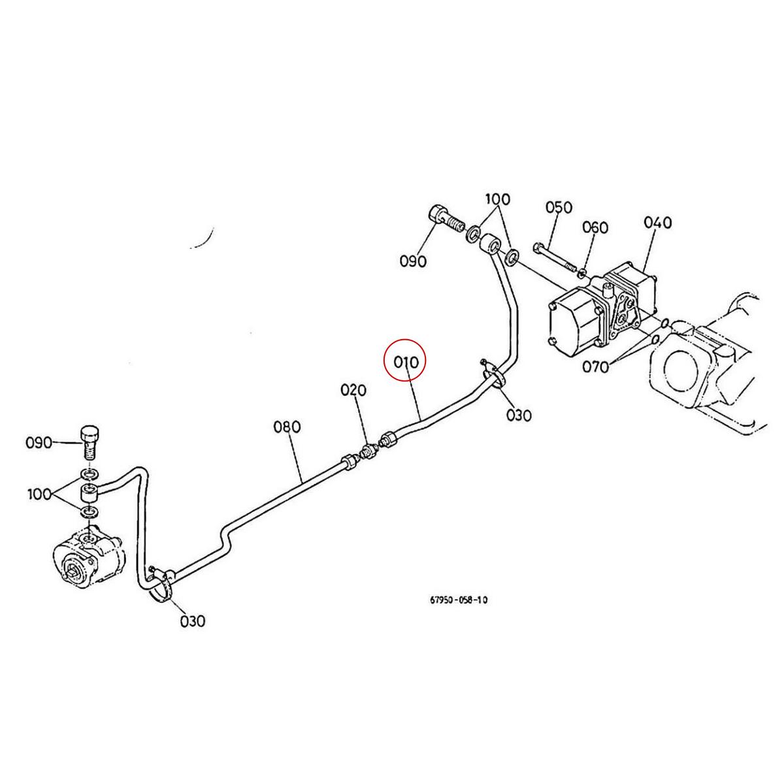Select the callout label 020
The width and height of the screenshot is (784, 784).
pos(353,390)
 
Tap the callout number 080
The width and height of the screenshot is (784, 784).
pos(287,427)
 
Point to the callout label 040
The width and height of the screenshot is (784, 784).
pos(657,222)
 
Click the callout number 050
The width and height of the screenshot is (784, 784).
pos(559,207)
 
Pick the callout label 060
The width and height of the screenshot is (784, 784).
pos(595,227)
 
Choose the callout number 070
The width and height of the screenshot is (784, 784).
pos(595,367)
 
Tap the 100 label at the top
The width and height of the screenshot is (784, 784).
pos(497,199)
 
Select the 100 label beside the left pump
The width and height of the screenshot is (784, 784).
pos(39,493)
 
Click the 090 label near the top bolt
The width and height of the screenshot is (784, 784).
pos(413,261)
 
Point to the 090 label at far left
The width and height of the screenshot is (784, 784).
pos(39,443)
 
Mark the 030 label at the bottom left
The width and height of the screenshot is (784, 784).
pos(193,620)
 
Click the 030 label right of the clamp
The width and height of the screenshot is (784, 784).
pos(519,414)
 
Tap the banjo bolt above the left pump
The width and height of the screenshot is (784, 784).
pos(89,440)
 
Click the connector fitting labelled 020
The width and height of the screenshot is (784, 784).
pos(370,449)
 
